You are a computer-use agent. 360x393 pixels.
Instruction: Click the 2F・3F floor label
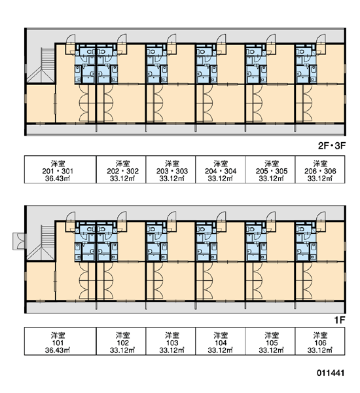(332, 145)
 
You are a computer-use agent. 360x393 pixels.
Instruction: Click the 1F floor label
(340, 320)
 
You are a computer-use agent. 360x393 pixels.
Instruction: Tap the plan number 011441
(331, 373)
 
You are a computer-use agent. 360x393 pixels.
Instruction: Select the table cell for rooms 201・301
(60, 170)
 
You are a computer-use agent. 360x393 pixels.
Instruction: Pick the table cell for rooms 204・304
(220, 170)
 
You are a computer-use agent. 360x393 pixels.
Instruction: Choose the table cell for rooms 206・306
(320, 170)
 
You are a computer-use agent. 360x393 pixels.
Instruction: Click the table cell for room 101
(60, 341)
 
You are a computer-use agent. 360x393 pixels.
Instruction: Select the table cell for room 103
(171, 341)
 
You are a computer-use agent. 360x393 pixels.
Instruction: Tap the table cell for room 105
(270, 341)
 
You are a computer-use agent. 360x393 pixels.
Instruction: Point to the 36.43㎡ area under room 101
(58, 350)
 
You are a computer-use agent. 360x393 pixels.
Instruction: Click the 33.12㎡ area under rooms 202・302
(122, 178)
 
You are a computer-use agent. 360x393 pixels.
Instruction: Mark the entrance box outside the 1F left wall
(19, 241)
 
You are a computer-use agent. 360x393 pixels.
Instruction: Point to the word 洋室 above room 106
(320, 335)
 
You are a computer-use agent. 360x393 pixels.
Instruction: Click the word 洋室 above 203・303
(172, 164)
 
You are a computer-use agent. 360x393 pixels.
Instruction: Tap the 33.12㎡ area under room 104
(220, 350)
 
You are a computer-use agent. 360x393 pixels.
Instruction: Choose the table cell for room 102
(121, 341)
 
